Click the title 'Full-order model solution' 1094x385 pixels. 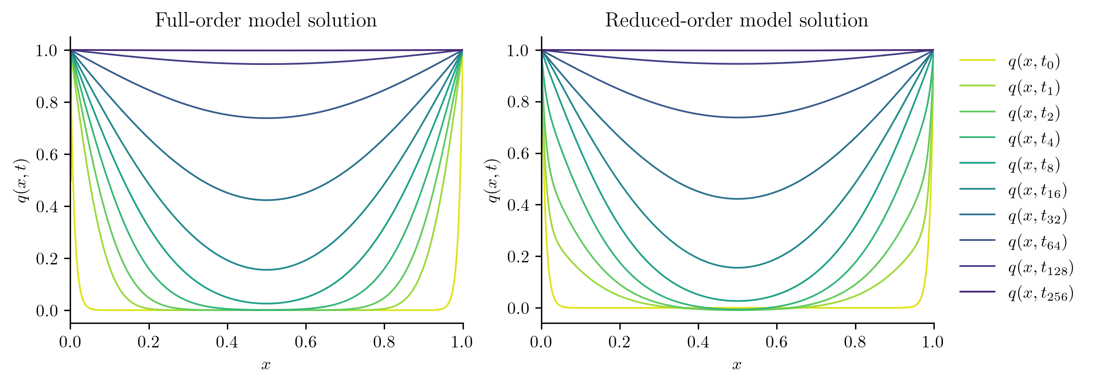tap(266, 20)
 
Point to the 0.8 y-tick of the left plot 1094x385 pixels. tap(46, 102)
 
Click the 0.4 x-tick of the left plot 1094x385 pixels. tap(227, 342)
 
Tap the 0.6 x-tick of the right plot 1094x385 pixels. tap(776, 342)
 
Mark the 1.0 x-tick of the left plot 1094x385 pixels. tap(463, 342)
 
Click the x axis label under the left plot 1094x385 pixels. tap(266, 365)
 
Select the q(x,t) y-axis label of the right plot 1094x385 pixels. tap(493, 180)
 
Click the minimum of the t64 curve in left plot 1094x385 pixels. tap(266, 118)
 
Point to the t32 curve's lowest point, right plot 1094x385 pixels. tap(737, 199)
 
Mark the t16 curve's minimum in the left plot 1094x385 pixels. tap(266, 270)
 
